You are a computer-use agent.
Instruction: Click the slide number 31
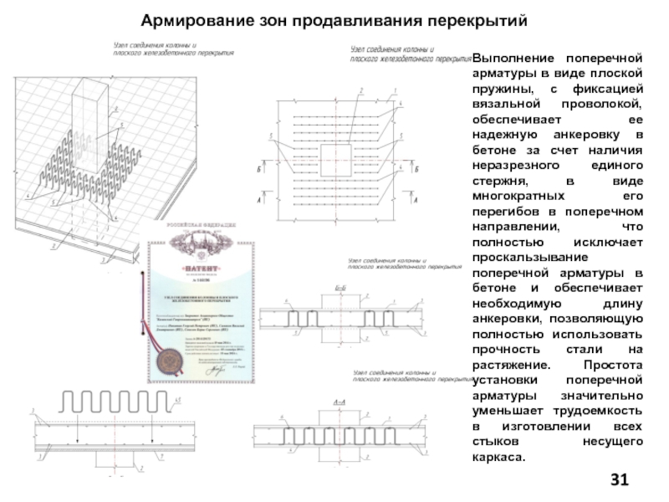(620, 479)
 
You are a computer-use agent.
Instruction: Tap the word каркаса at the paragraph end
(500, 457)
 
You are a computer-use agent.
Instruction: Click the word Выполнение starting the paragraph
(511, 59)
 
